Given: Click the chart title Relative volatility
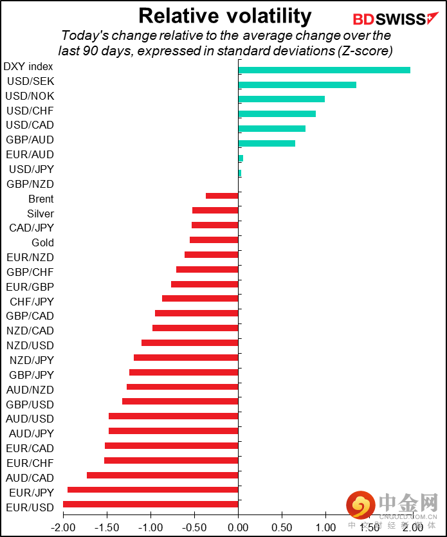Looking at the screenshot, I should click(x=224, y=15).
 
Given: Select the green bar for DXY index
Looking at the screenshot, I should click(x=324, y=70).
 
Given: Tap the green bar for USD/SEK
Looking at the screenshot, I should click(x=297, y=85).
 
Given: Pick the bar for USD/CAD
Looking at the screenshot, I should click(x=271, y=129).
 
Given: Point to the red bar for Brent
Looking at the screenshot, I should click(x=222, y=196).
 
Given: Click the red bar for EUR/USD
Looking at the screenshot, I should click(x=151, y=504).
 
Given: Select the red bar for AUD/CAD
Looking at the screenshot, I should click(x=162, y=475).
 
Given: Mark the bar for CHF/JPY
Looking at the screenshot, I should click(x=200, y=298).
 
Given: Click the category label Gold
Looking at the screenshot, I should click(x=42, y=242).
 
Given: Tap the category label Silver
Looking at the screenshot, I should click(x=41, y=214).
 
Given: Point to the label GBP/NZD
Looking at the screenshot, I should click(x=30, y=184).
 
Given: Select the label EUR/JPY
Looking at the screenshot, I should click(x=30, y=493).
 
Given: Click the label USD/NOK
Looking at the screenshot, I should click(x=30, y=96).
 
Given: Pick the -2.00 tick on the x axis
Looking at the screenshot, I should click(x=62, y=527).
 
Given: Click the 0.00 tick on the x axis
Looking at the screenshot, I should click(x=238, y=527).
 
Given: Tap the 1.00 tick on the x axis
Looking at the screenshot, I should click(x=325, y=527).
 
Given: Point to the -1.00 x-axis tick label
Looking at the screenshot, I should click(x=150, y=527).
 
